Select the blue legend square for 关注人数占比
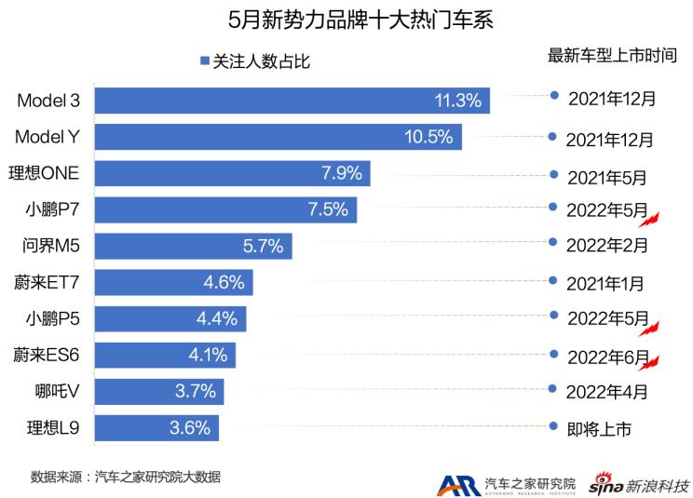tap(203, 62)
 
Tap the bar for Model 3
tap(292, 101)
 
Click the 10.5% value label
tap(428, 137)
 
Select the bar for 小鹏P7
tap(224, 209)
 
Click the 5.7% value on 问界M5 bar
tap(264, 246)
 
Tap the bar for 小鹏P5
tap(170, 318)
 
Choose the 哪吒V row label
tap(58, 391)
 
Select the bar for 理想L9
tap(156, 427)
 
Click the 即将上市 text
tap(599, 429)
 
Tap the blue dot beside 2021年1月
tap(553, 279)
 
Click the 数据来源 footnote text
tap(125, 476)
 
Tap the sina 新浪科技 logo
tap(642, 484)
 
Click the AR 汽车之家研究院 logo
tap(508, 484)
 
